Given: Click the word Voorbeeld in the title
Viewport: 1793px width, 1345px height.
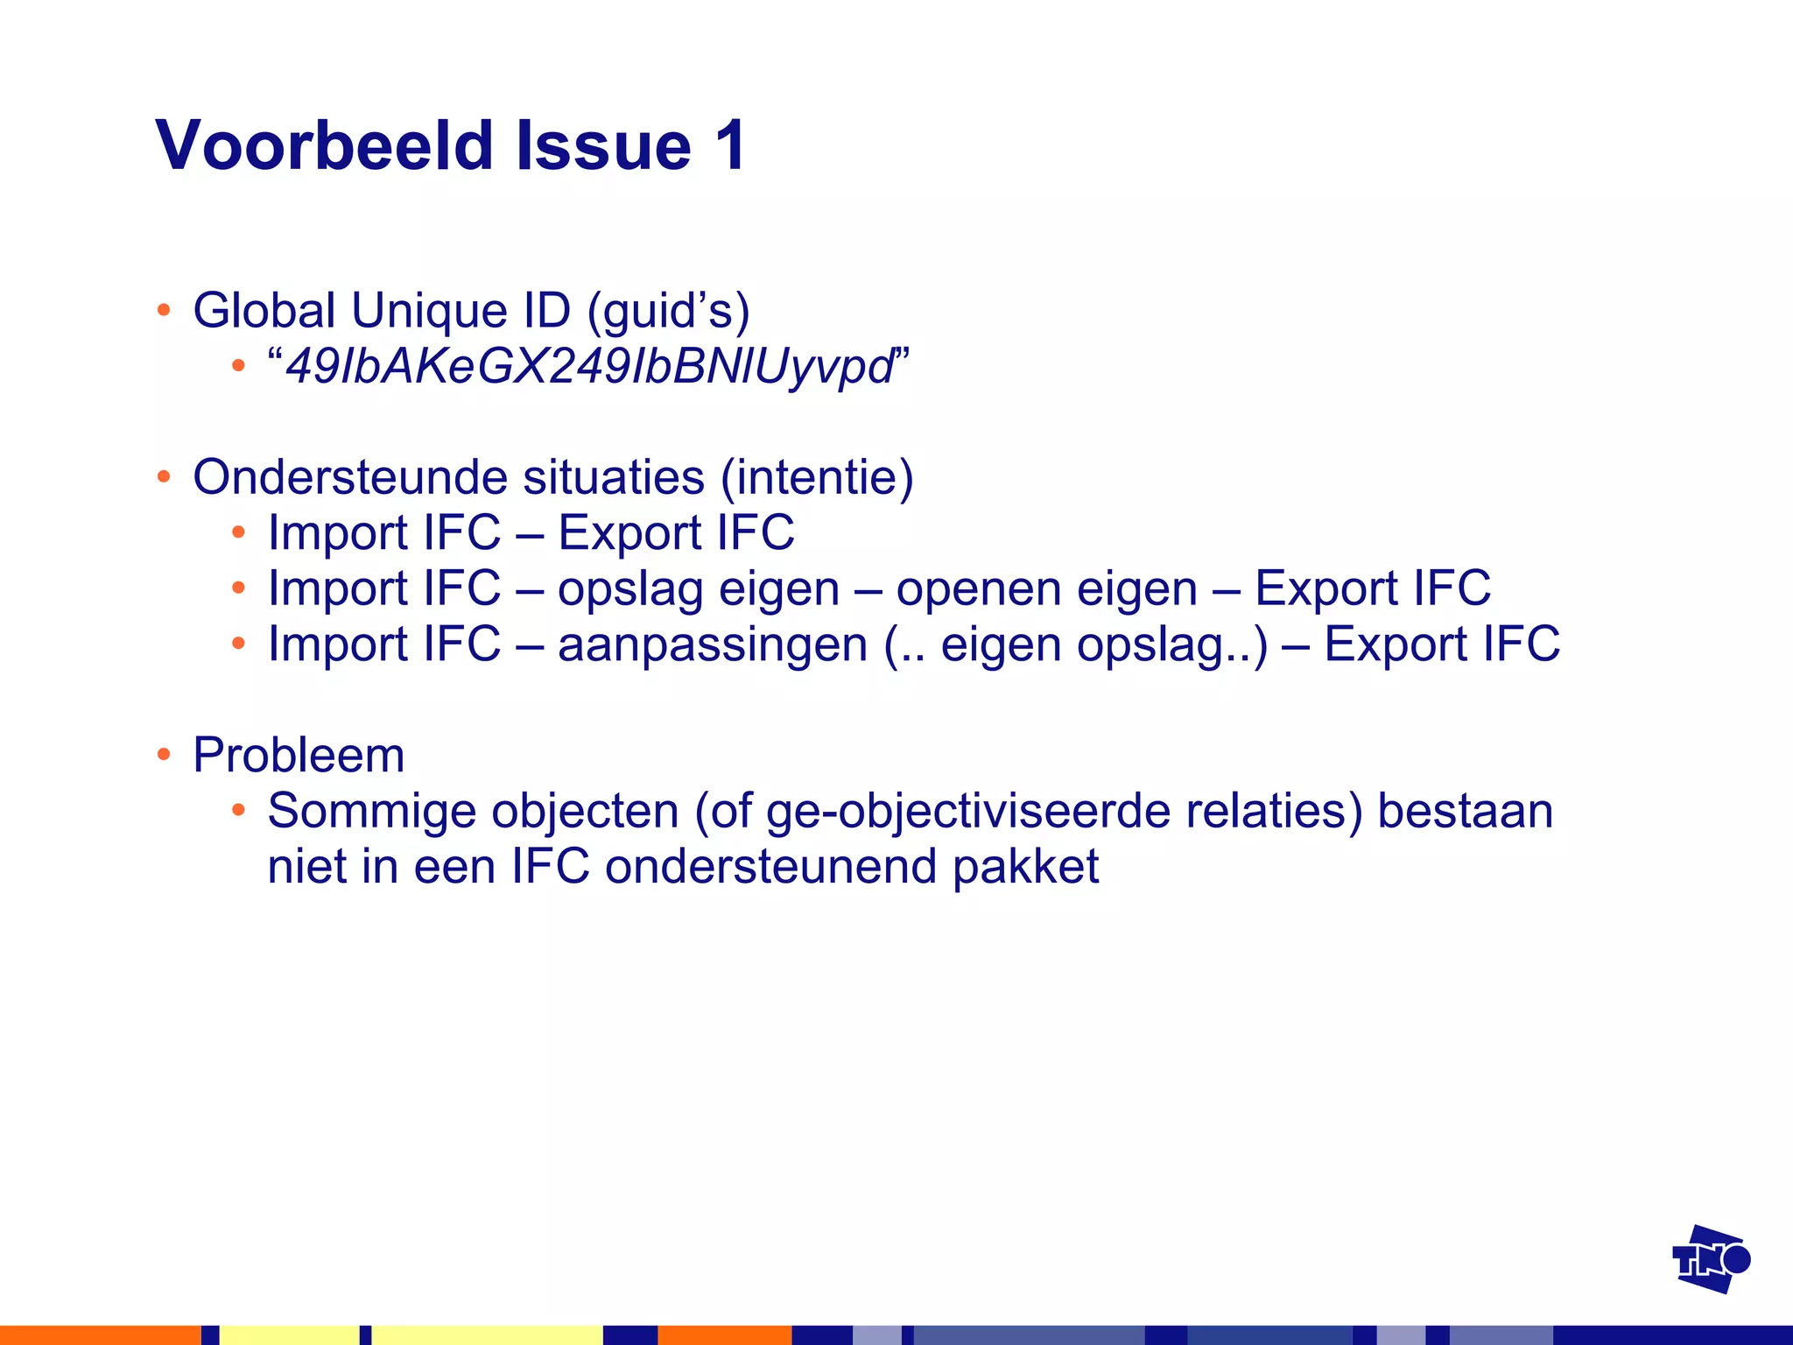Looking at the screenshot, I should (325, 145).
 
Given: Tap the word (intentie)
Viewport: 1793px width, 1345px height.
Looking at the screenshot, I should (817, 478).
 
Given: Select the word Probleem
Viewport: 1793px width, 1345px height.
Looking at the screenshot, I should (299, 755).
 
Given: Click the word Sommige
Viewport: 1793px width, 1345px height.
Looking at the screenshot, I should (372, 811).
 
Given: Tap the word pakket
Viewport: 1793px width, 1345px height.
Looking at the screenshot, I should (1025, 867).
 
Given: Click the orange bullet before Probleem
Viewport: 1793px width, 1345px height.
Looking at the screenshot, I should (164, 755).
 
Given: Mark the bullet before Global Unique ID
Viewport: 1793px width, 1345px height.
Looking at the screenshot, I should (164, 311).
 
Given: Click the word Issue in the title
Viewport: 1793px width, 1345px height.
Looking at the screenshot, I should (604, 145).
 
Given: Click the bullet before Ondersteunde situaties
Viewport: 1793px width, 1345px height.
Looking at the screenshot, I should (164, 478).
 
